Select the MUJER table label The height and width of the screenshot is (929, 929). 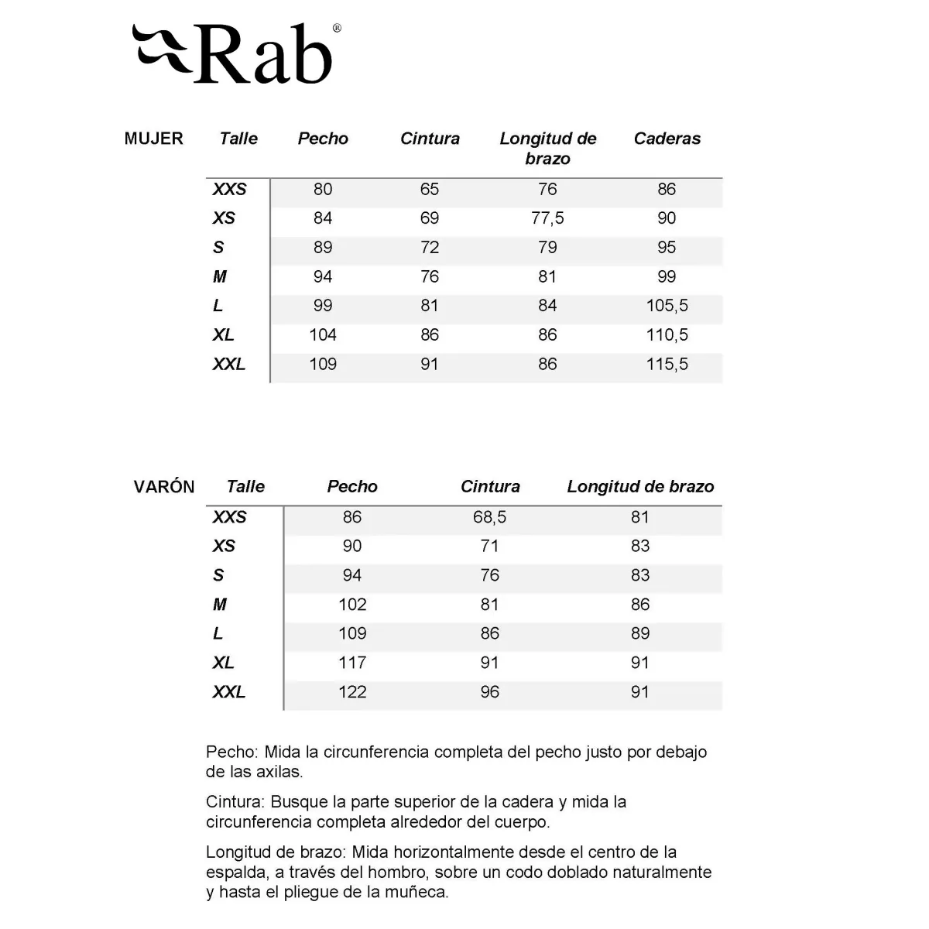tap(153, 139)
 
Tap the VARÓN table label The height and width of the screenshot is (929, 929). tap(164, 487)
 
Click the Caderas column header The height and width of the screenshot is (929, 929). tap(667, 139)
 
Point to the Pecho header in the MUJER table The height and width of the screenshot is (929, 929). tap(323, 139)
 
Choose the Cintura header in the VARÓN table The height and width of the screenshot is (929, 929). tap(490, 487)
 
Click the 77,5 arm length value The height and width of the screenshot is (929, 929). tap(547, 218)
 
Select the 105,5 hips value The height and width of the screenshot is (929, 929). tap(667, 306)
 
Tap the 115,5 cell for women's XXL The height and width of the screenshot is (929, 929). tap(667, 364)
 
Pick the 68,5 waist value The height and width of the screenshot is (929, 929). tap(489, 517)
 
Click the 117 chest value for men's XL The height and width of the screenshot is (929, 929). tap(352, 663)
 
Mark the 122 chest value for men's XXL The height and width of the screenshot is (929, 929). tap(352, 692)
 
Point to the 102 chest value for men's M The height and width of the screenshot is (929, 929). tap(352, 605)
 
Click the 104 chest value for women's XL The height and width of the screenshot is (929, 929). tap(323, 335)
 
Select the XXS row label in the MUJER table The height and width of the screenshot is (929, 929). tap(229, 189)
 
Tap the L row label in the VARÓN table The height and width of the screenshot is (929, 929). tap(218, 634)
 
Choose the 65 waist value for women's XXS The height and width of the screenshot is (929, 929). tap(430, 189)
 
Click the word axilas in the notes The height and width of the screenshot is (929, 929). tap(278, 772)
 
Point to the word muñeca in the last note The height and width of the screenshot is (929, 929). tap(420, 892)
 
